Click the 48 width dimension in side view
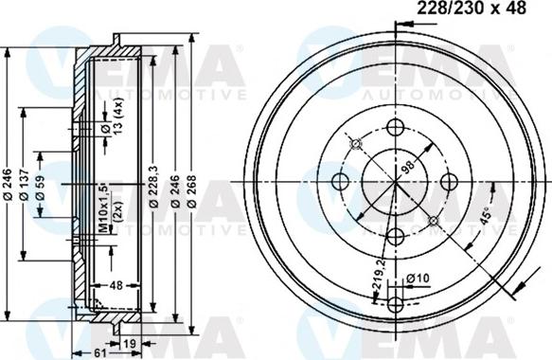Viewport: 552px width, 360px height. (114, 283)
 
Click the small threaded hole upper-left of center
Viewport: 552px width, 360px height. (356, 143)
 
